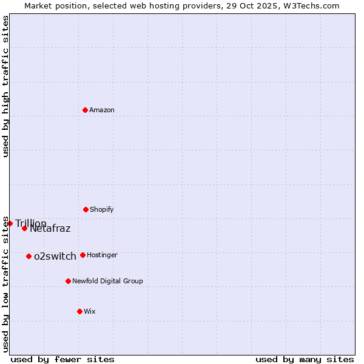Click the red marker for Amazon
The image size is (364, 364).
[86, 110]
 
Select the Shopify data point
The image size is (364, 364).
[86, 209]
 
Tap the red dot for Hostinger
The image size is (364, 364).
[83, 255]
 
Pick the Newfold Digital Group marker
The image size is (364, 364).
[68, 281]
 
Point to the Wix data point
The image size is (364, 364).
[79, 311]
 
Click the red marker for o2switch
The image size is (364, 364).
[29, 256]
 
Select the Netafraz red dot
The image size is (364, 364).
[25, 228]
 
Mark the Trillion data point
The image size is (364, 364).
[10, 223]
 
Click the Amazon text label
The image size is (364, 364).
[102, 110]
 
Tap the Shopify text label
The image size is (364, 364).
[102, 209]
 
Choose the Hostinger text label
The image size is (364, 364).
[102, 255]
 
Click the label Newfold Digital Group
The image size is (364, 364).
[107, 281]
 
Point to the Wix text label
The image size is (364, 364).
[90, 311]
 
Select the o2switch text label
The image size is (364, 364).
[55, 256]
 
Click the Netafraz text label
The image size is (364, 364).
[50, 229]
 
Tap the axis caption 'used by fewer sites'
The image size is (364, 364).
[62, 359]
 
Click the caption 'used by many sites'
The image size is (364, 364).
[305, 359]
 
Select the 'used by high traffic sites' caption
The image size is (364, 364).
[6, 86]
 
